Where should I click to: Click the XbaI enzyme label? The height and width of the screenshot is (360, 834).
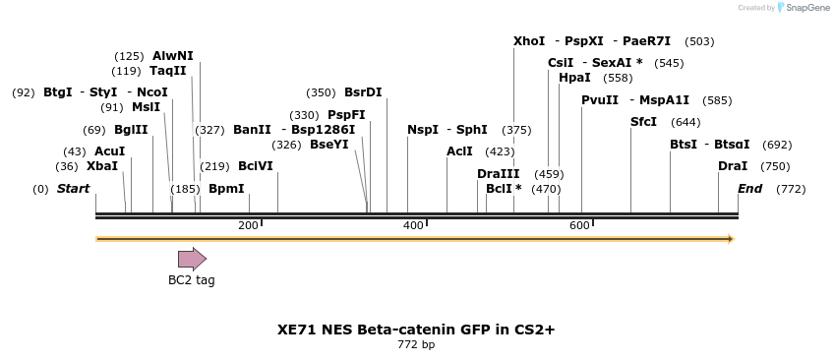point(102,166)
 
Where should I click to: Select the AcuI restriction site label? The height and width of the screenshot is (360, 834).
point(109,151)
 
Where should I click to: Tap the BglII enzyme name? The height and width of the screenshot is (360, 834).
point(131,130)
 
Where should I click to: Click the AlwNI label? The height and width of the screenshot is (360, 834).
point(173,56)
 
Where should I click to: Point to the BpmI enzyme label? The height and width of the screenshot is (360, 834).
point(226,189)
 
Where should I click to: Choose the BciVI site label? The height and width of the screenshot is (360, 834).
point(256,166)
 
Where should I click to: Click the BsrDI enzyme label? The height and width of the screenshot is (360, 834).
point(363,92)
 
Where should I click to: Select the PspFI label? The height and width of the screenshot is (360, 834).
point(346,115)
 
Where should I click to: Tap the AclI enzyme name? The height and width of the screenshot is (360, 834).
point(459,151)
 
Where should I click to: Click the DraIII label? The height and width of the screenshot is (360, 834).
point(498,174)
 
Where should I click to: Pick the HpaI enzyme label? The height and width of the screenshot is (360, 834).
point(574,78)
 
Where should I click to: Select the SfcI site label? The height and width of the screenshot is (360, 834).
point(643,122)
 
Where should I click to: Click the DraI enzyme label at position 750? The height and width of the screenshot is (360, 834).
point(733,166)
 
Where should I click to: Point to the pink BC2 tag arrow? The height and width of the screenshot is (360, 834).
point(192,259)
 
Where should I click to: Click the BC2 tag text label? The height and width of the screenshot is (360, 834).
point(191,280)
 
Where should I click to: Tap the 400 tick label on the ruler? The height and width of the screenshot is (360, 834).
point(413,226)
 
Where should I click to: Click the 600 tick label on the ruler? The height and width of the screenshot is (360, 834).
point(579,226)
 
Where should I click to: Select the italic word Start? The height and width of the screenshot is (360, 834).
point(73,189)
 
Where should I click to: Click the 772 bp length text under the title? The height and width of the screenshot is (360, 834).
point(416,344)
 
